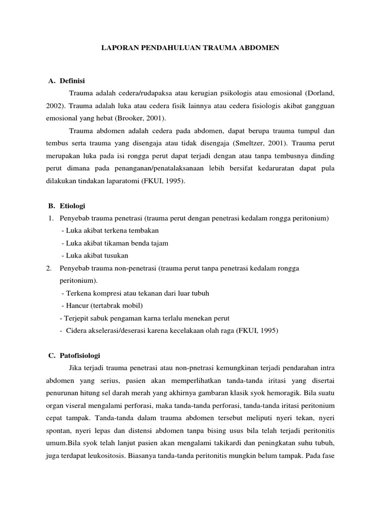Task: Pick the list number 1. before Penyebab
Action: (51, 218)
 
